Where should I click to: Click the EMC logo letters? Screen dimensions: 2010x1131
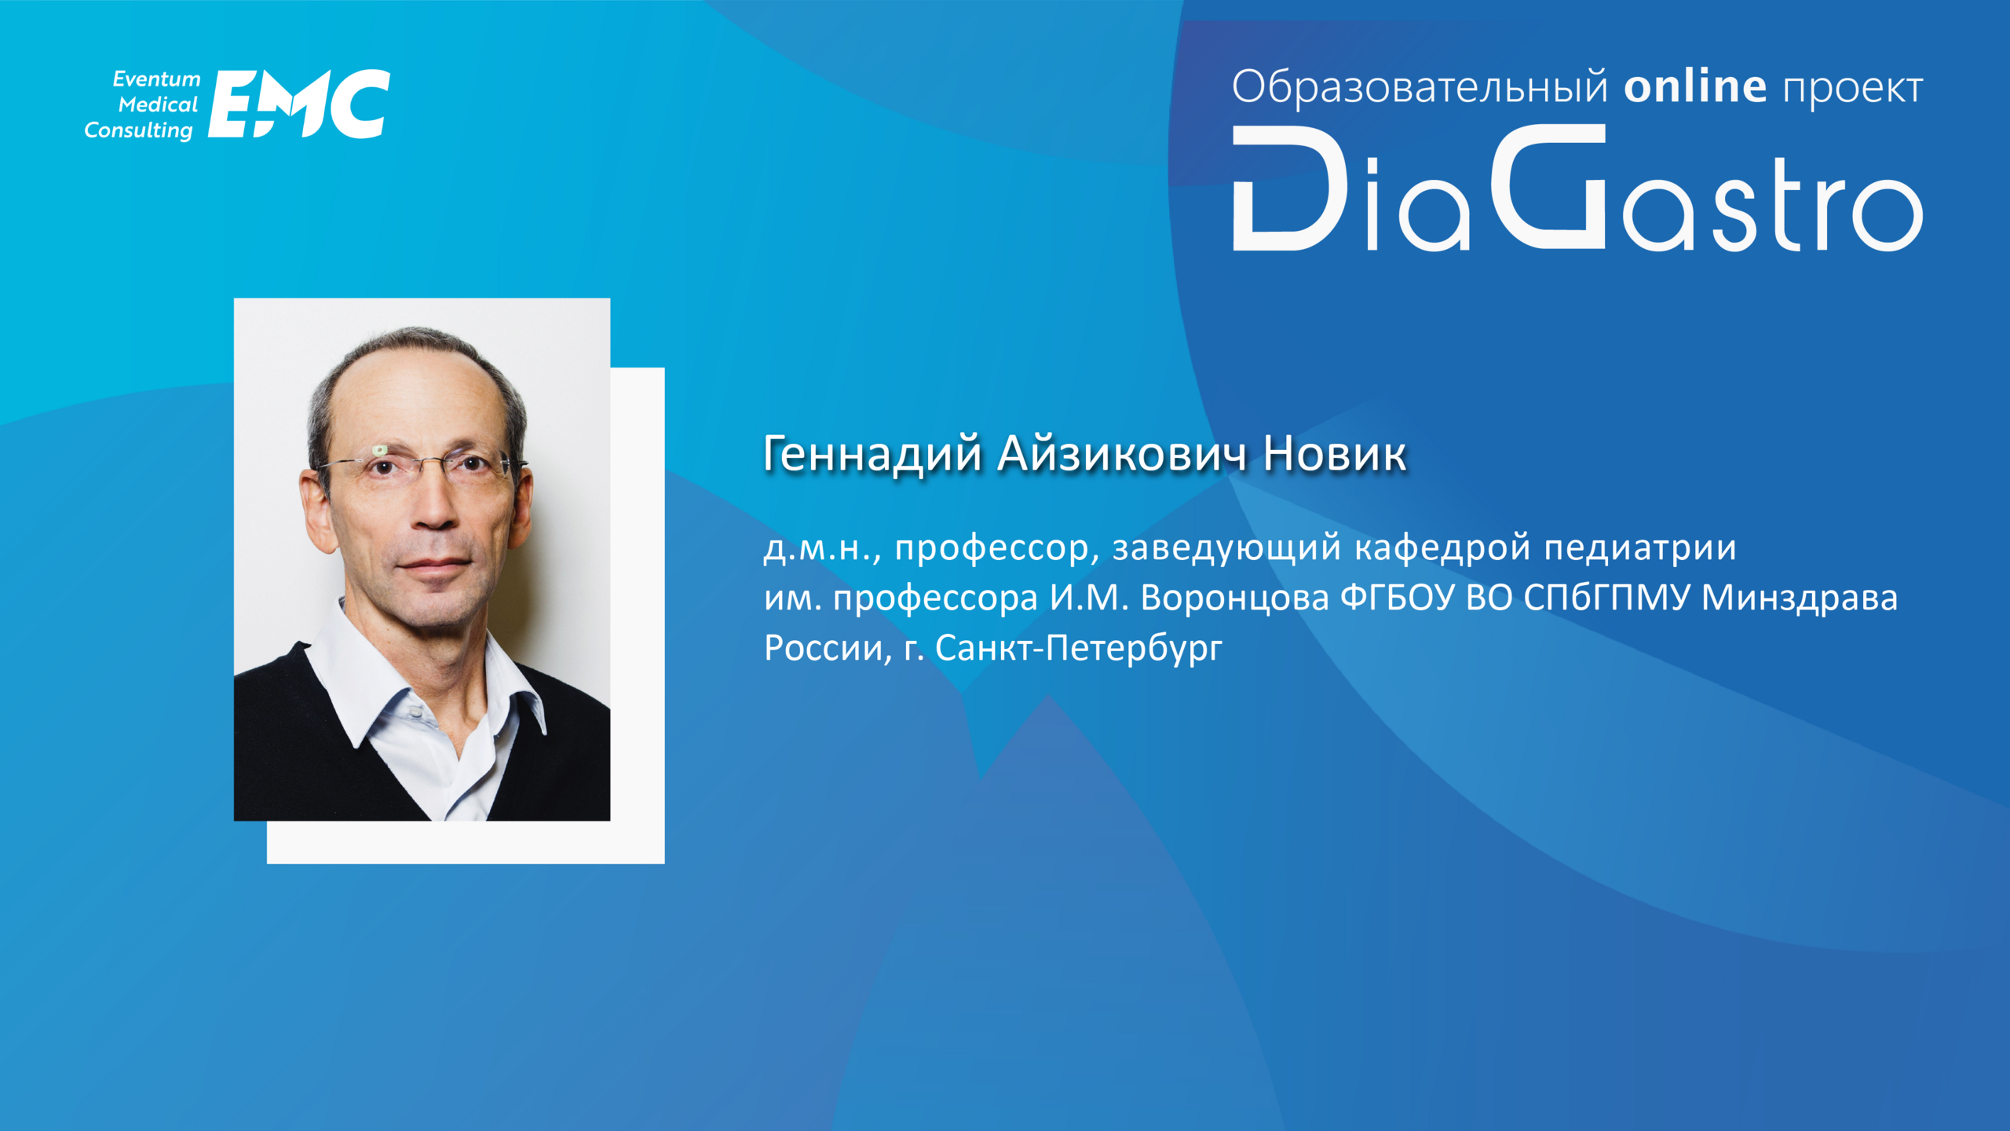pyautogui.click(x=299, y=104)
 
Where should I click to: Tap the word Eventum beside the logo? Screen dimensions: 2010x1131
pyautogui.click(x=157, y=79)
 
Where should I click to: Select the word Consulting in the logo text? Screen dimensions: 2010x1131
pyautogui.click(x=139, y=130)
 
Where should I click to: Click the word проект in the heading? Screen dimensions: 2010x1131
pyautogui.click(x=1853, y=90)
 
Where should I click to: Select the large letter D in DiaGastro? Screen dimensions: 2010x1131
pyautogui.click(x=1290, y=188)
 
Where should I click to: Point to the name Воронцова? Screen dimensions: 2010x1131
pyautogui.click(x=1234, y=599)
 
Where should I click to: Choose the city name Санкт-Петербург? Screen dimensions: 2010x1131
pyautogui.click(x=1079, y=648)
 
